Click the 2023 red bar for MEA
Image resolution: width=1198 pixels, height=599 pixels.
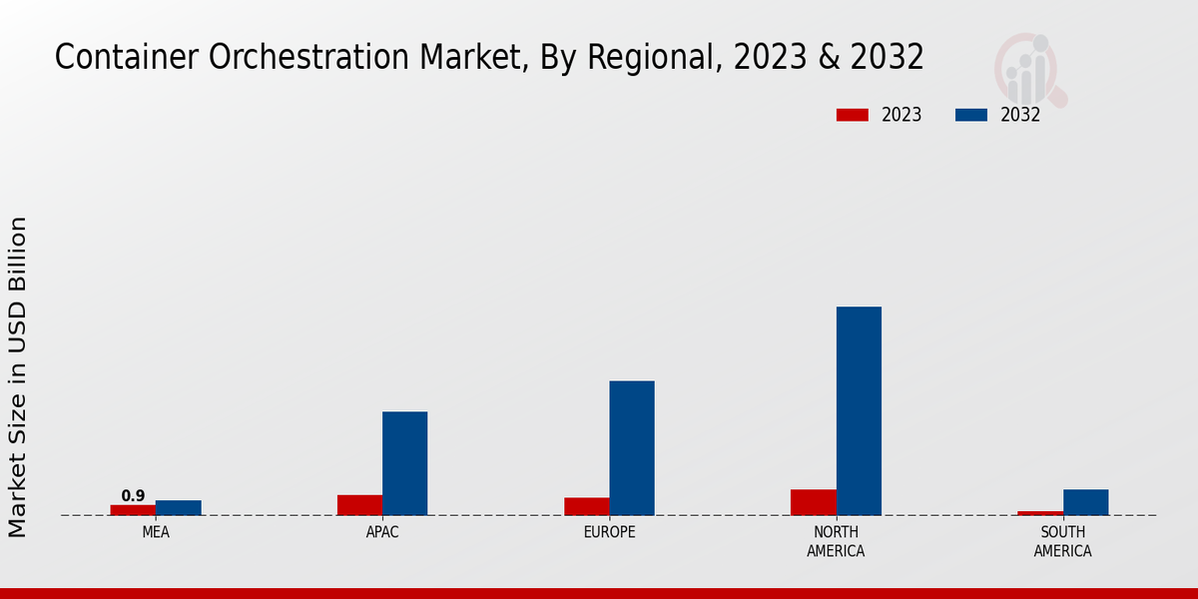[x=133, y=510]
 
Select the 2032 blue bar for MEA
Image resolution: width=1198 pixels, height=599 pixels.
[x=178, y=508]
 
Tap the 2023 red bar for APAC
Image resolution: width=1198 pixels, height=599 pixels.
[x=359, y=505]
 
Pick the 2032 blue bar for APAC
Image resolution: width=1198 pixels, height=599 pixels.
[x=404, y=463]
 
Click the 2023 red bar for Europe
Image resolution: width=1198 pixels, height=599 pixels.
[x=586, y=506]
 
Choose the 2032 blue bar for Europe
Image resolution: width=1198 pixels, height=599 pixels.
[x=632, y=448]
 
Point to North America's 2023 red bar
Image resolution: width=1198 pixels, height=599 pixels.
[x=813, y=502]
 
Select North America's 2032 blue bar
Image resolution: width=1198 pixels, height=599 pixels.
[x=859, y=410]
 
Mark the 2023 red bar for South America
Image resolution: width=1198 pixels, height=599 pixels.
[x=1039, y=513]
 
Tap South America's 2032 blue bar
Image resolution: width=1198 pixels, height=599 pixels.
[x=1085, y=502]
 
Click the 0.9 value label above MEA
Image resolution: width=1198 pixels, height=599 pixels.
[x=133, y=496]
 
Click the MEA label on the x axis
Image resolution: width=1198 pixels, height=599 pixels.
[x=156, y=532]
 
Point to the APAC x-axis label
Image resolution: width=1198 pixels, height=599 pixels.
[x=382, y=532]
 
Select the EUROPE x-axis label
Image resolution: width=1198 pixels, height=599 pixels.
[x=609, y=532]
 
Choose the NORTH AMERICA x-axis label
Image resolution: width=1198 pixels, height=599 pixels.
[x=836, y=541]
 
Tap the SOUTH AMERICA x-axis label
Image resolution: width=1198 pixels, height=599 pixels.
[x=1062, y=541]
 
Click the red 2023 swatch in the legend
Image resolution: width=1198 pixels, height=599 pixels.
[x=852, y=115]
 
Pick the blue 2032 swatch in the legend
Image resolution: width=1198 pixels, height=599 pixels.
[x=970, y=115]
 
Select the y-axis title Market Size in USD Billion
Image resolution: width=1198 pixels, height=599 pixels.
[x=18, y=376]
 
